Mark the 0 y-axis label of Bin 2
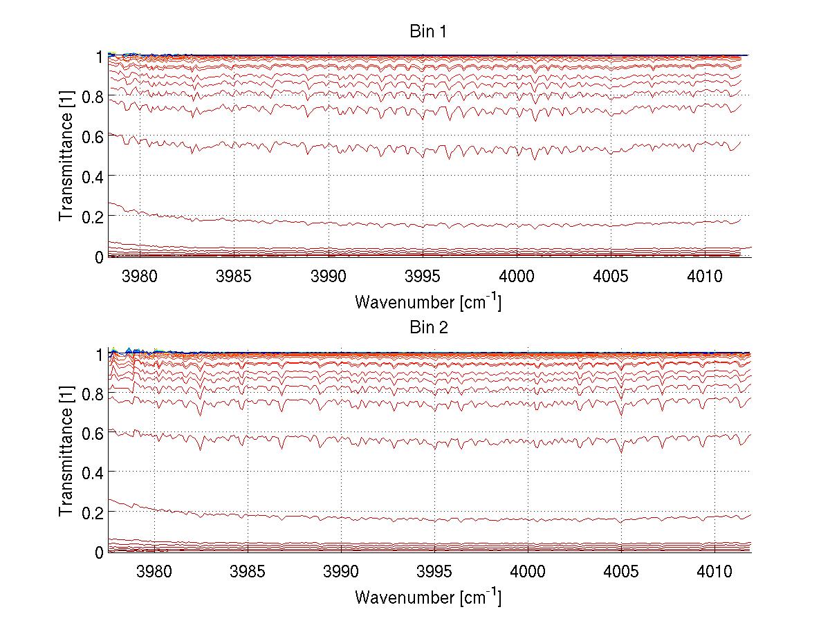99,552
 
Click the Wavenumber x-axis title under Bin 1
428,301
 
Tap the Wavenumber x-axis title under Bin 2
428,597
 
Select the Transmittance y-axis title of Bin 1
66,156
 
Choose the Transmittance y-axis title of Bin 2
66,452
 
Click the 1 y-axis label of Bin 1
99,56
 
